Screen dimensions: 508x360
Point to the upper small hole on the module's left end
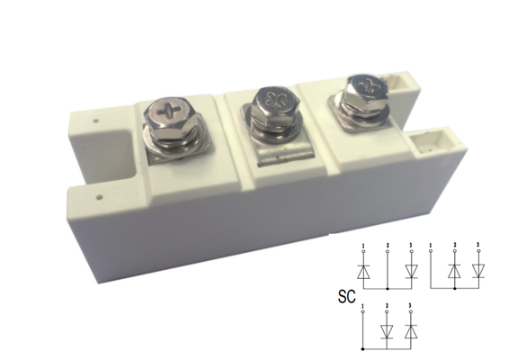coord(95,121)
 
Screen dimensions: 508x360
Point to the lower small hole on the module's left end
coord(100,197)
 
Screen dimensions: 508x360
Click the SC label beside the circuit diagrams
coord(347,296)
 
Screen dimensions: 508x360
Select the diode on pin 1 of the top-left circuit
coord(363,272)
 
